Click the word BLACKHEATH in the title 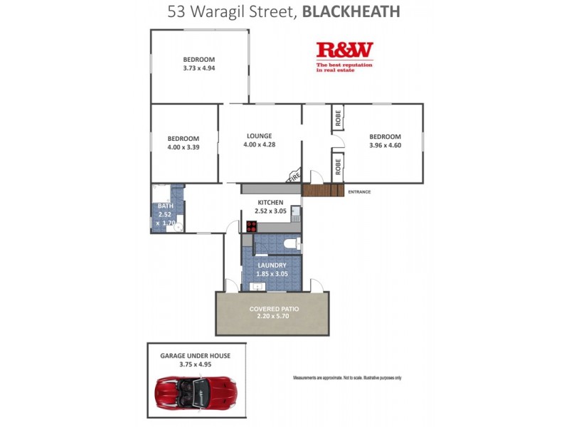tap(351, 11)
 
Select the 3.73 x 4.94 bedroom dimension tap(198, 68)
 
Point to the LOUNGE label tap(260, 136)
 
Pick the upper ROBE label tap(338, 117)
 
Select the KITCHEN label tap(270, 203)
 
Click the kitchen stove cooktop tap(251, 226)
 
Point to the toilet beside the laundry tap(289, 243)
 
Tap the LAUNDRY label tap(272, 265)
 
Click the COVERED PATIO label tap(274, 309)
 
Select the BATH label tap(165, 206)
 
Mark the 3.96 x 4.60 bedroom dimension tap(385, 145)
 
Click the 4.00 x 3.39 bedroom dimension tap(183, 147)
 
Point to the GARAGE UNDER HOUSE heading tap(196, 355)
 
